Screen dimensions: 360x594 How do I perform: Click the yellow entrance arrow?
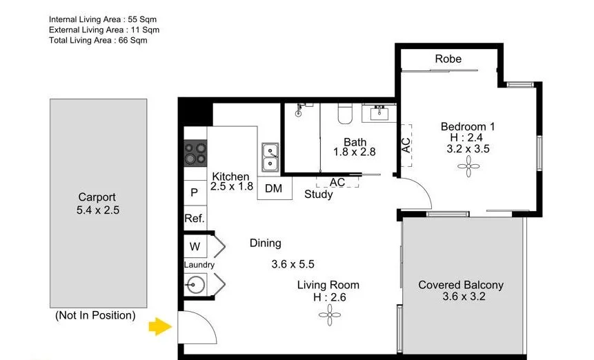(162, 326)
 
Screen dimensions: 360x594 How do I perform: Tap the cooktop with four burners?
(195, 153)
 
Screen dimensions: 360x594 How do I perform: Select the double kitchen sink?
(269, 158)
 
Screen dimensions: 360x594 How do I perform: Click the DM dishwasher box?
(274, 188)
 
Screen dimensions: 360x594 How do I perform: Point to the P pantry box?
(195, 193)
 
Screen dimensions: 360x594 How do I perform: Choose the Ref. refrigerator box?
(194, 219)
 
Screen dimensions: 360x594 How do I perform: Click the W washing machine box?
(195, 246)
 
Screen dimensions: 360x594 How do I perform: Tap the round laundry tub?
(195, 283)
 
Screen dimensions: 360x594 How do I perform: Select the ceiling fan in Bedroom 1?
(468, 166)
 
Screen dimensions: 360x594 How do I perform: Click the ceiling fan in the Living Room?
(328, 315)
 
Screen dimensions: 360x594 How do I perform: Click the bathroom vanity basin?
(380, 112)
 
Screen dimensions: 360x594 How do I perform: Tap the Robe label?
(448, 59)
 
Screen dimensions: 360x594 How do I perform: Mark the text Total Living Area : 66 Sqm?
(98, 41)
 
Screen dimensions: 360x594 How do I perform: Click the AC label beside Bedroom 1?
(406, 145)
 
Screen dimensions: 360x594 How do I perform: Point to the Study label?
(319, 194)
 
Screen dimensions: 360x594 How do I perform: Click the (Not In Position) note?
(95, 315)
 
